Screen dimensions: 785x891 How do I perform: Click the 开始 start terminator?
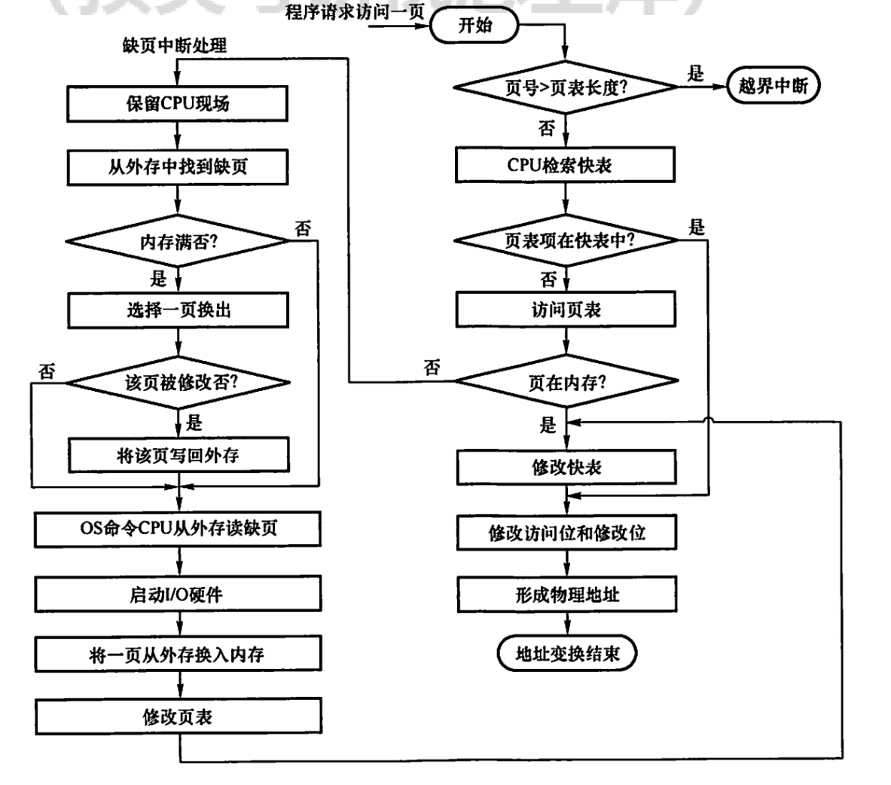point(474,26)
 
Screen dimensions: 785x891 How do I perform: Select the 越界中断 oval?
point(774,86)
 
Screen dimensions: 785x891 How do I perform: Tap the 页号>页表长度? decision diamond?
point(566,87)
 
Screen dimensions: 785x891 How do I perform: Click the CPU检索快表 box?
point(566,165)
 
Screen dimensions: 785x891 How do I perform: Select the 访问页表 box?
point(566,310)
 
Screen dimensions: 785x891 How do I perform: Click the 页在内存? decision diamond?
point(566,382)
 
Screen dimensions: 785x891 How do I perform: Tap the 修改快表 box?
point(566,468)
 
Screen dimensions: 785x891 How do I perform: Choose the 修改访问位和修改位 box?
point(566,533)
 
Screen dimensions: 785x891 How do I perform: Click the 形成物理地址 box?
point(566,594)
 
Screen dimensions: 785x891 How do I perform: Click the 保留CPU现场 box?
point(178,103)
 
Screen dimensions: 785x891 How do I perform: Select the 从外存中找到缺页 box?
point(178,166)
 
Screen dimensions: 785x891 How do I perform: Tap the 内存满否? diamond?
point(178,242)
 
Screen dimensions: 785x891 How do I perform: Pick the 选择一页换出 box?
point(178,310)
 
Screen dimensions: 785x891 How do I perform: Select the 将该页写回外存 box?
point(178,455)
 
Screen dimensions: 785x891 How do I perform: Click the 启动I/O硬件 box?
point(178,594)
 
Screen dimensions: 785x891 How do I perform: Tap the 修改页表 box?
point(178,716)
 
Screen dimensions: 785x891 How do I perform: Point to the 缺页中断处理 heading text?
point(174,46)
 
